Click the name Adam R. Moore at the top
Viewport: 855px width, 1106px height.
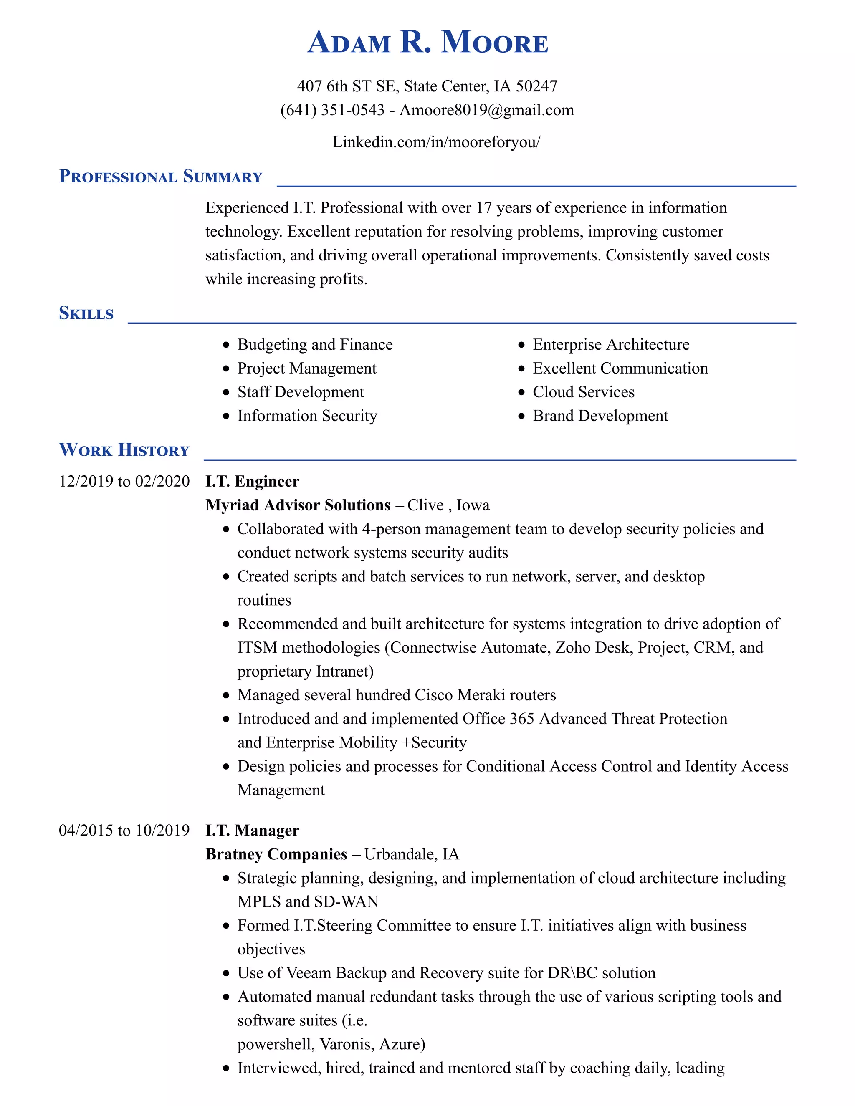427,43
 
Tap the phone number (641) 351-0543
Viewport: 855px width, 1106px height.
332,110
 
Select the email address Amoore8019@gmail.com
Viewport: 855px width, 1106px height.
487,110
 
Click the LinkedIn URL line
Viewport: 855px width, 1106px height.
436,142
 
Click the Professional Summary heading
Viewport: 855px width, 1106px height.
161,176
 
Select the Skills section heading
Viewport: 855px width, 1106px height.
86,313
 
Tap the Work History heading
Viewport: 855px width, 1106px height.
124,449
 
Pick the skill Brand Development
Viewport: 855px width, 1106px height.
600,416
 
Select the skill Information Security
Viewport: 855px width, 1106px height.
307,416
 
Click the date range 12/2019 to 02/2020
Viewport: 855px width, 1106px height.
124,481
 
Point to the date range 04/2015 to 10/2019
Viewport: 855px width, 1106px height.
124,831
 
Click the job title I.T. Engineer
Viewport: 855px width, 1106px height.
252,481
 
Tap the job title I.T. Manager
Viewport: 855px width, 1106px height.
252,831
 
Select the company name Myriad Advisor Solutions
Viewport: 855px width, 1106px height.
298,505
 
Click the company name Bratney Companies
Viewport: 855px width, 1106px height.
276,854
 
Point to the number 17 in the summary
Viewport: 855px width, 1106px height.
484,207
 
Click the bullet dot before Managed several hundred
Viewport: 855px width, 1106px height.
226,696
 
